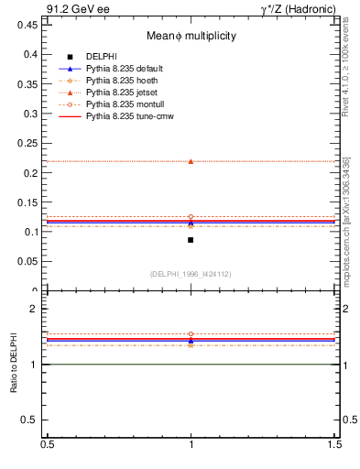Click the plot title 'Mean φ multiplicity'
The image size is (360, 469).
[x=191, y=36]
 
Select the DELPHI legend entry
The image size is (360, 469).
[x=101, y=57]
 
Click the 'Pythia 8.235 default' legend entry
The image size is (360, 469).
[x=123, y=69]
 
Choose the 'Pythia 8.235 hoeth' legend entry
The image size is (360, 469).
[x=120, y=81]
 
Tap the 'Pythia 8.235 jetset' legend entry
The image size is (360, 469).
[x=120, y=93]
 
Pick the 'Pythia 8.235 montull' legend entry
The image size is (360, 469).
[x=123, y=104]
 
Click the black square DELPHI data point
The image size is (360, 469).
[x=191, y=240]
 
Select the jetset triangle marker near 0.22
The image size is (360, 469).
[x=191, y=161]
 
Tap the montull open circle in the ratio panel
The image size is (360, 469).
[x=191, y=334]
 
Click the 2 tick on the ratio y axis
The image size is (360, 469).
[x=37, y=309]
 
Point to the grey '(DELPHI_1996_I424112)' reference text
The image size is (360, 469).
[x=191, y=274]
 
